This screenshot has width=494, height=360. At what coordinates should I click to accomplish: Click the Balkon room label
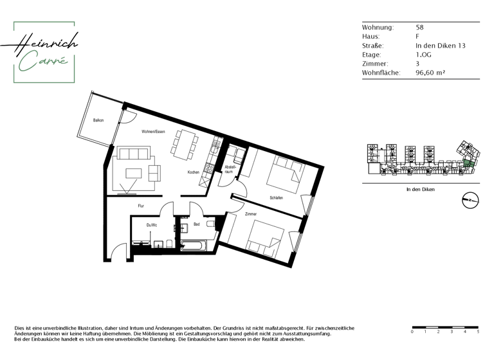click(x=98, y=120)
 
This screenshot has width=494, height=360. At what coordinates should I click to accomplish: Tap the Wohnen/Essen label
click(x=153, y=132)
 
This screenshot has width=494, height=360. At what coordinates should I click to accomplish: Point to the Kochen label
click(x=193, y=172)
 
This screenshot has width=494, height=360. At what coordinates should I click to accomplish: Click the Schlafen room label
click(x=277, y=198)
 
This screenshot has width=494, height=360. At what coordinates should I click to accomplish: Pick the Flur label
click(x=140, y=206)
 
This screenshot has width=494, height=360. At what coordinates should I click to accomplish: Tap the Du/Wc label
click(x=151, y=225)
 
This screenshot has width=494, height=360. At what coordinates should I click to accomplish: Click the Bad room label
click(x=196, y=224)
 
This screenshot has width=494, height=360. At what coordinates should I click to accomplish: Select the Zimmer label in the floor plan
click(x=250, y=214)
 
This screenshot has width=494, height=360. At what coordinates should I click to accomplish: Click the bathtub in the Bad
click(x=193, y=245)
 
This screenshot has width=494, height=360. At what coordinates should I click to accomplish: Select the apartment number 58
click(x=419, y=28)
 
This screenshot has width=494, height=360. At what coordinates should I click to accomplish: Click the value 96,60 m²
click(x=430, y=73)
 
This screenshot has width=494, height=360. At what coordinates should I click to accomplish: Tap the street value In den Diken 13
click(x=440, y=46)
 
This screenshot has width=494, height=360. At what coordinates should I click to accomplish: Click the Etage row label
click(x=375, y=55)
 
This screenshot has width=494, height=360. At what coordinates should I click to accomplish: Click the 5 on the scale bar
click(x=477, y=332)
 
